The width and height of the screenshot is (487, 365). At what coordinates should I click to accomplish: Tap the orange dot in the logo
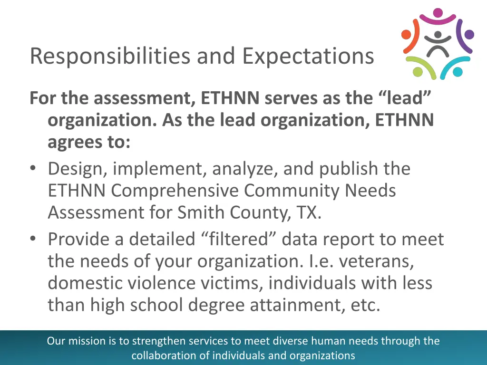[x=406, y=35]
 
